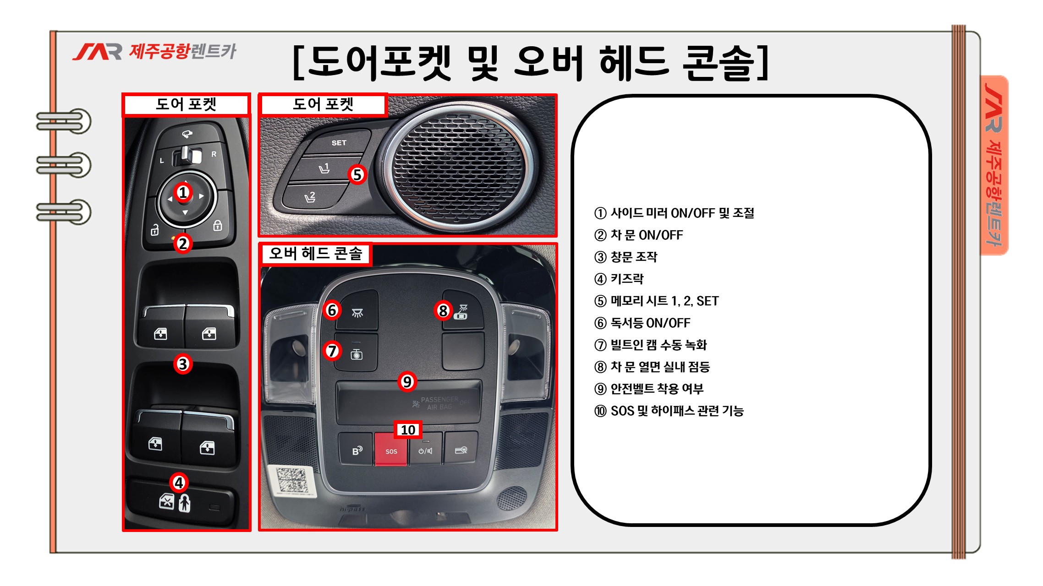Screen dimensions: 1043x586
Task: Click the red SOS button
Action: tap(391, 449)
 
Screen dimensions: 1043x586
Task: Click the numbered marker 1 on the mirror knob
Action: tap(183, 192)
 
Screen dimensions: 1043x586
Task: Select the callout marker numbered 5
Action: tap(357, 174)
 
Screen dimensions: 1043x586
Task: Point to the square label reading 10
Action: tap(408, 430)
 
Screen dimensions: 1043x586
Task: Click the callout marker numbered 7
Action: tap(332, 351)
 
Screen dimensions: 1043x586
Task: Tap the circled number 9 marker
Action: tap(407, 381)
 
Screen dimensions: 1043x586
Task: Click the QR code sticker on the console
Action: tap(291, 481)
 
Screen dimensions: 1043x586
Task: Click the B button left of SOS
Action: tap(356, 450)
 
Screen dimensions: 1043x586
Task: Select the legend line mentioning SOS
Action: tap(669, 411)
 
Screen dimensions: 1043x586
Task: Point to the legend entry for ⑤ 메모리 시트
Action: tap(656, 301)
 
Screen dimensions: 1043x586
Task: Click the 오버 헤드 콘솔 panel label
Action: tap(315, 254)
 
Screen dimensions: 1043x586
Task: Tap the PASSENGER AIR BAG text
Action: tap(439, 403)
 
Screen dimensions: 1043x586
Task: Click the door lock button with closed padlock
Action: tap(218, 225)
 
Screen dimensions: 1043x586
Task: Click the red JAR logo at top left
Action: tap(97, 52)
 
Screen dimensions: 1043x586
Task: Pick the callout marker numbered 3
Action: tap(183, 364)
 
